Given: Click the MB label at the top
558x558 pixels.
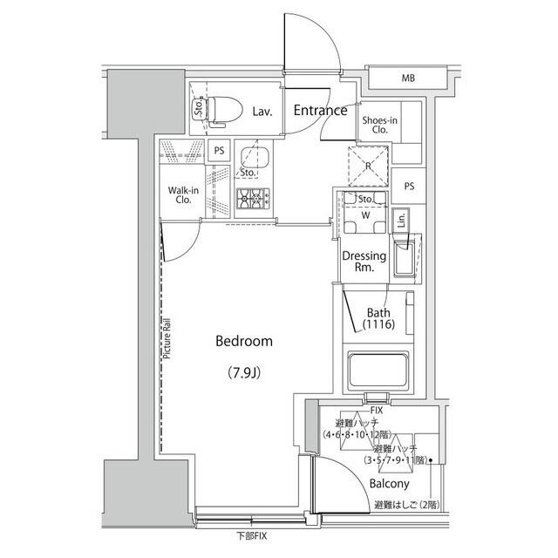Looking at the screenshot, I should (x=408, y=79).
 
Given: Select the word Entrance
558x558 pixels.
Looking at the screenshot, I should (x=320, y=111).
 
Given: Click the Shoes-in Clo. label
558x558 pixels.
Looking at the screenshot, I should (x=380, y=123).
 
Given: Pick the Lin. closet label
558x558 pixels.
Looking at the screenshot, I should (x=400, y=221).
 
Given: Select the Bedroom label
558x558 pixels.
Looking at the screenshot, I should (x=244, y=342).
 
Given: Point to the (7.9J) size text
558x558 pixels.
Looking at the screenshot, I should (x=244, y=373).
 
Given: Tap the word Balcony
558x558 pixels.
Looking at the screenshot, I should (x=389, y=484).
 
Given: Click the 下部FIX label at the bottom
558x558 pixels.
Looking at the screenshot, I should (x=253, y=534).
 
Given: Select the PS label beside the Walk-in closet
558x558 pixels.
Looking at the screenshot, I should (x=220, y=150).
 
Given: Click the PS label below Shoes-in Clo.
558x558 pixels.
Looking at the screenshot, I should (x=408, y=186).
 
